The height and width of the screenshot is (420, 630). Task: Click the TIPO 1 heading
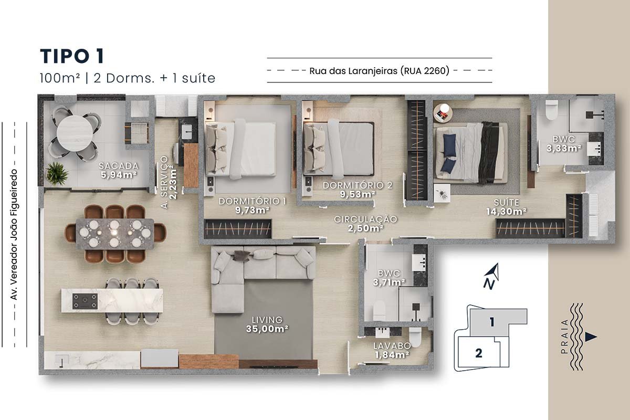tap(72, 56)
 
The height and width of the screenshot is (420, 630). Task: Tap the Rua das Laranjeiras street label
tap(380, 70)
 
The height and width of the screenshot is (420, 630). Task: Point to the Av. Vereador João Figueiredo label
tap(14, 234)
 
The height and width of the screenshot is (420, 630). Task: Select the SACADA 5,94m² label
tap(119, 171)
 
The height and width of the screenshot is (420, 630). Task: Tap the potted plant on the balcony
tap(57, 173)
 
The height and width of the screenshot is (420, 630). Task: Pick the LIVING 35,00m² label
tap(267, 324)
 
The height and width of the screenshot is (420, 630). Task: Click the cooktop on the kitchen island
tap(85, 301)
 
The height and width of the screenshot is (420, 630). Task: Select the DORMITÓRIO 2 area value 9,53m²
tap(358, 194)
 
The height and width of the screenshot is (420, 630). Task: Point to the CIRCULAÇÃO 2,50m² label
tap(365, 224)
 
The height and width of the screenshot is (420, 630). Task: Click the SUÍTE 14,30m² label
tap(506, 207)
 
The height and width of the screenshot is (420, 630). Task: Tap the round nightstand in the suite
tap(443, 113)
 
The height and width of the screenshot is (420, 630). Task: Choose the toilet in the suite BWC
tap(551, 110)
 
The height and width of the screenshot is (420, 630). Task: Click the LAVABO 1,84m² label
tap(392, 350)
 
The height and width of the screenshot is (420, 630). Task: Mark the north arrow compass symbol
tap(491, 276)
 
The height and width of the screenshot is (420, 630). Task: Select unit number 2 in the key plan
tap(479, 353)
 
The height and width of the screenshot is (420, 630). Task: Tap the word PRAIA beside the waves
tap(564, 337)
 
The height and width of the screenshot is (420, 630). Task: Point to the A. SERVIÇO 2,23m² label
tap(169, 182)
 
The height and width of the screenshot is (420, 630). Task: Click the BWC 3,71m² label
tap(389, 278)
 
